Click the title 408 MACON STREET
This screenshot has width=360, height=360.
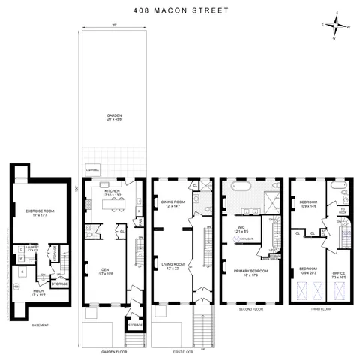tap(179, 10)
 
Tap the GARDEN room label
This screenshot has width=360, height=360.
tap(113, 117)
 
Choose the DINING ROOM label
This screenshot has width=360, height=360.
tap(172, 205)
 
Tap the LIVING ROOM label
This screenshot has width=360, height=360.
tap(172, 262)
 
